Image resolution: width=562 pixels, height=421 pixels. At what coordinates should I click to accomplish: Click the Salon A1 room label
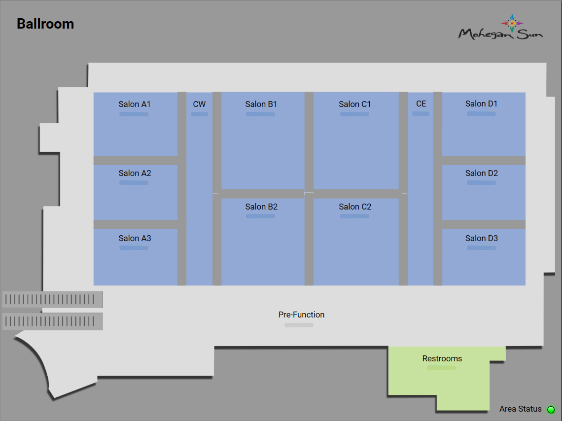[135, 104]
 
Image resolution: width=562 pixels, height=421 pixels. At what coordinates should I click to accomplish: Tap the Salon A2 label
[135, 173]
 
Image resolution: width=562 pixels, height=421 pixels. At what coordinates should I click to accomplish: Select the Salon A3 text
[135, 238]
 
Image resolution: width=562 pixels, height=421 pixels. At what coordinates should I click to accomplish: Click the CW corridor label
[199, 104]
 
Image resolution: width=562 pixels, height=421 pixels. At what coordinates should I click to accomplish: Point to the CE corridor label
[421, 104]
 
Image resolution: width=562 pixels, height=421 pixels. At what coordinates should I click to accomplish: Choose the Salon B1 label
[261, 104]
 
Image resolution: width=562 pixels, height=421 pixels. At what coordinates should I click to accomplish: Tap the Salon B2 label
[261, 207]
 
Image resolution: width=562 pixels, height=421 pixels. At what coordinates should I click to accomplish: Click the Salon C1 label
[354, 104]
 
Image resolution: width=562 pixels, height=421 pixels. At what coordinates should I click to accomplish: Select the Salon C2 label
[355, 207]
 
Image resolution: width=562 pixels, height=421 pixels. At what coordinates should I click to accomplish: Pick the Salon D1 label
[481, 104]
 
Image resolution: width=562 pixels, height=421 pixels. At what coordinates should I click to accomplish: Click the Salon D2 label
[482, 173]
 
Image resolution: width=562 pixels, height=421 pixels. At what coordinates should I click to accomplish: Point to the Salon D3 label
[482, 238]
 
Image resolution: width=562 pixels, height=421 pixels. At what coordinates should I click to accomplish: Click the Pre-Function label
[301, 315]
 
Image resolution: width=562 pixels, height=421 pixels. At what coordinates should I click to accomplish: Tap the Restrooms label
[442, 358]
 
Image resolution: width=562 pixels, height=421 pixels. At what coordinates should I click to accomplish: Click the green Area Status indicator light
[551, 410]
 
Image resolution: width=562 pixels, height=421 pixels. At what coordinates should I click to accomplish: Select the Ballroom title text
[45, 24]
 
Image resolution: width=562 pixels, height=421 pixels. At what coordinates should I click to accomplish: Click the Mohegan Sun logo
[500, 29]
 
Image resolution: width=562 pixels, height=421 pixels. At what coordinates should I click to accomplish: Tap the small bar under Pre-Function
[299, 325]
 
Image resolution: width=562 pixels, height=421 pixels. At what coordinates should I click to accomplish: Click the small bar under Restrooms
[441, 368]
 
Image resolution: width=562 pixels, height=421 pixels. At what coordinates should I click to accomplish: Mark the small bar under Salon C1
[354, 114]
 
